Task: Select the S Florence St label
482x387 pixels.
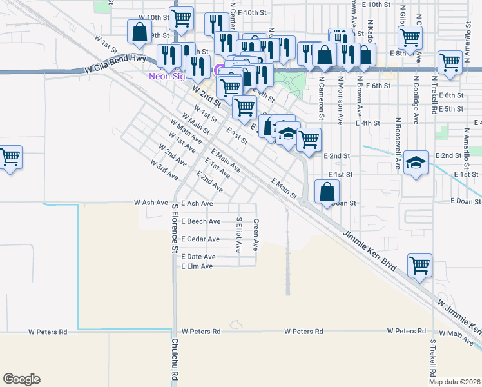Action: click(174, 228)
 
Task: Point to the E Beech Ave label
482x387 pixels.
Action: click(200, 221)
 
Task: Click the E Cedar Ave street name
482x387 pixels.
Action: click(200, 239)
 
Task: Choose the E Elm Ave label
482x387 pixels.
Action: click(197, 266)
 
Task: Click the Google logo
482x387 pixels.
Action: click(21, 379)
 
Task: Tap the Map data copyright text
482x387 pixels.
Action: click(454, 382)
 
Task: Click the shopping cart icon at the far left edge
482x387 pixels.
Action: click(10, 157)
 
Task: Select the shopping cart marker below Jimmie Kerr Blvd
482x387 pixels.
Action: click(419, 265)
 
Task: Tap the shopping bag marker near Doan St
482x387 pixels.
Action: click(327, 191)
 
